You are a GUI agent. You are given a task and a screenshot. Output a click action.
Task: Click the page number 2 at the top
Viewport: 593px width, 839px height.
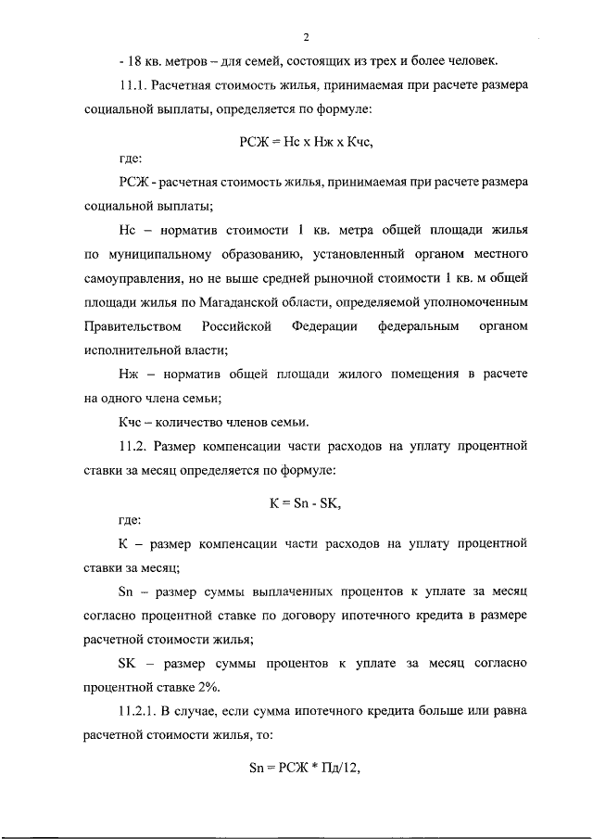pos(305,37)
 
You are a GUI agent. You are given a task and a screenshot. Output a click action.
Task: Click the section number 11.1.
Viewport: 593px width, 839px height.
pos(135,88)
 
